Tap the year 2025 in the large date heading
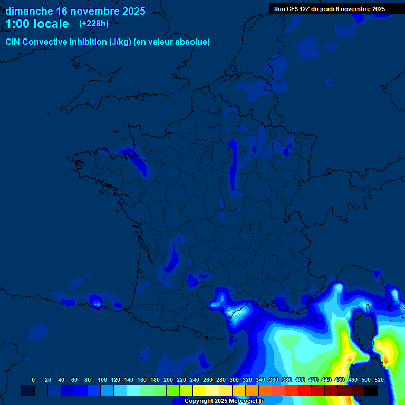point(129,11)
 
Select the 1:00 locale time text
point(37,24)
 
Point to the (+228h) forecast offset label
point(94,23)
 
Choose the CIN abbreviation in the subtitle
point(13,42)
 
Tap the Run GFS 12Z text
point(292,9)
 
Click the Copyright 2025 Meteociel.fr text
point(224,401)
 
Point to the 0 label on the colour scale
point(33,380)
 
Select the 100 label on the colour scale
point(102,380)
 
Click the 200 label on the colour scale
point(168,380)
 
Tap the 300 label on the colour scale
point(234,380)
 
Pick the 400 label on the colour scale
point(300,380)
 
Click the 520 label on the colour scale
point(379,380)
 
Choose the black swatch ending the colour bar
point(370,390)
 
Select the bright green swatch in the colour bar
point(173,390)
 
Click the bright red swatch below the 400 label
point(305,390)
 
